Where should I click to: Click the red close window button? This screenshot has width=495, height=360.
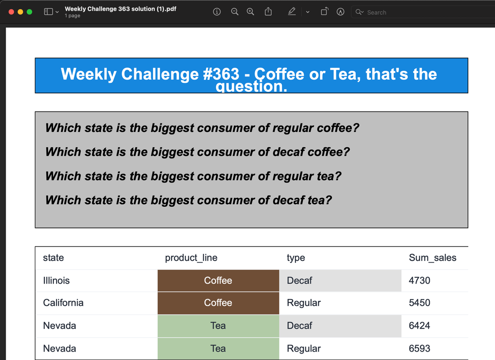[x=11, y=12]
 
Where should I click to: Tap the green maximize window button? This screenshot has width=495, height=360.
[x=29, y=12]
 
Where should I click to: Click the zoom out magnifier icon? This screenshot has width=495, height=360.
[x=234, y=12]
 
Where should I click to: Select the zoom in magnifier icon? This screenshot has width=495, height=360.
[x=250, y=12]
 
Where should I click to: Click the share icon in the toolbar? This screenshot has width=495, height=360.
[x=268, y=12]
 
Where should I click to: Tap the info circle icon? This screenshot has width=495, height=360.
[x=217, y=12]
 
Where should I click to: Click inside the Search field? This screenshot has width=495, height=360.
[x=423, y=12]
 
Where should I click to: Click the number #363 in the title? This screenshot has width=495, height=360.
[x=221, y=74]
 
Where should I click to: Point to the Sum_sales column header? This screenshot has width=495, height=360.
[x=433, y=258]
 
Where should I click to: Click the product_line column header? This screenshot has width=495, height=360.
[x=191, y=258]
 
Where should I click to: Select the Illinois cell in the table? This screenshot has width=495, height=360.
[x=56, y=281]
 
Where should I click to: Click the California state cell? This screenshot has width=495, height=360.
[x=63, y=303]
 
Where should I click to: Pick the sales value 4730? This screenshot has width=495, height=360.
[x=419, y=281]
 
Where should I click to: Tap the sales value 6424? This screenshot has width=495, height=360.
[x=419, y=326]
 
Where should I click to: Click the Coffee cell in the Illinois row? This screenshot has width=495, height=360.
[x=218, y=281]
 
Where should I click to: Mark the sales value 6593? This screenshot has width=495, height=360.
[x=419, y=348]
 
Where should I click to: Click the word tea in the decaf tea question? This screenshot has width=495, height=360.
[x=319, y=200]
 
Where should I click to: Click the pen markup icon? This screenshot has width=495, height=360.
[x=292, y=12]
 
